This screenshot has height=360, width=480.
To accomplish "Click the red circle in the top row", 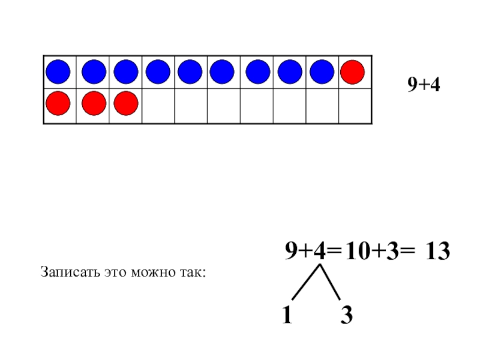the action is tap(352, 72).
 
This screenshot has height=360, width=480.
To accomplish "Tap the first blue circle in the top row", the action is tap(58, 72).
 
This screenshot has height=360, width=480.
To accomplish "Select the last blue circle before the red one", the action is tap(322, 72).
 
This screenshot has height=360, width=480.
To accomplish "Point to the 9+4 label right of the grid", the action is tap(424, 85).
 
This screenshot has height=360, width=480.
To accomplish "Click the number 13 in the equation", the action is tap(437, 252).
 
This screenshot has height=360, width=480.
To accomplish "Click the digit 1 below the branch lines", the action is tap(288, 315).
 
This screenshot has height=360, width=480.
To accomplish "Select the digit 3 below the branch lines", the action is tap(346, 315).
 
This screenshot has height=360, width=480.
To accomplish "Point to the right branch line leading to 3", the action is tap(332, 282).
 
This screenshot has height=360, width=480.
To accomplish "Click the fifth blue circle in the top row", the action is tap(190, 72).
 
